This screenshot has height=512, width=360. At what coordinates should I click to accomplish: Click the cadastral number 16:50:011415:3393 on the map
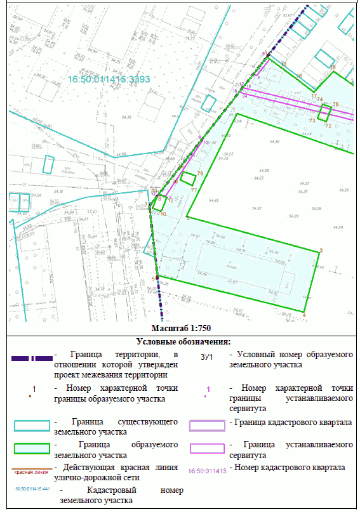pyautogui.click(x=109, y=80)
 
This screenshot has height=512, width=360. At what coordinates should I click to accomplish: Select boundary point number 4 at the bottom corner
pyautogui.click(x=304, y=316)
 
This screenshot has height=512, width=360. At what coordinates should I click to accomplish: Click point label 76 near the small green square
pyautogui.click(x=200, y=173)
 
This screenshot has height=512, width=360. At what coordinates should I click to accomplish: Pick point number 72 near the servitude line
pyautogui.click(x=328, y=126)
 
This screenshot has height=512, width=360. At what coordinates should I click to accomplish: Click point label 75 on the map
pyautogui.click(x=336, y=104)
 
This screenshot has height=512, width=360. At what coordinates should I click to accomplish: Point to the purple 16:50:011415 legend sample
pyautogui.click(x=207, y=471)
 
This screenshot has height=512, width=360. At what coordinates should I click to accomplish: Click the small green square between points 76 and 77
pyautogui.click(x=187, y=178)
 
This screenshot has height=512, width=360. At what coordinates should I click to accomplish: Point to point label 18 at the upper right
pyautogui.click(x=333, y=67)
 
